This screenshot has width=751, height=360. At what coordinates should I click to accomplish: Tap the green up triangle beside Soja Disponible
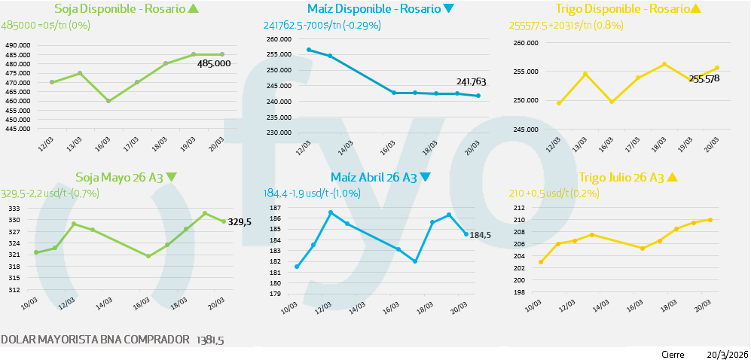pos(194,9)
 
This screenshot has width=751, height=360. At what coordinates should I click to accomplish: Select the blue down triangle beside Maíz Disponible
pos(449,9)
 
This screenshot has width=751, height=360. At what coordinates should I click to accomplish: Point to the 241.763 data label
pos(471,82)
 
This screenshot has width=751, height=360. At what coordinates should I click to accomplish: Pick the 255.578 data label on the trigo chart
pos(704,78)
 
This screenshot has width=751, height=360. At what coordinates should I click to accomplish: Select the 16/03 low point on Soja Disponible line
pos(108,101)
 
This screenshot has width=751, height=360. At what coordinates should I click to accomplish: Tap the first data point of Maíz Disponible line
pos(309,50)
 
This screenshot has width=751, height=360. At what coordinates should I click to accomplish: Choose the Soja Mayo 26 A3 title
pos(120,178)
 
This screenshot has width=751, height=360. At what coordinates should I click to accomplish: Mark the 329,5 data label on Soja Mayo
pos(240,221)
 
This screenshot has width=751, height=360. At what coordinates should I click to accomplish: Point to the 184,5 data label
pos(480,235)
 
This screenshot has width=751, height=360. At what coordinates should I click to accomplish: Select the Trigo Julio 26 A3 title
pos(621,178)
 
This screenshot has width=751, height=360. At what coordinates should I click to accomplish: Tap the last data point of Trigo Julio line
pos(710,220)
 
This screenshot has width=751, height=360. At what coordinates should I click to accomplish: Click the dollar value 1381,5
pos(210,340)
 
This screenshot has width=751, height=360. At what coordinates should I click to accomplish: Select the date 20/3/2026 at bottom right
pos(727,354)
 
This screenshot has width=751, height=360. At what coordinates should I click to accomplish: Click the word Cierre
pos(673,354)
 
